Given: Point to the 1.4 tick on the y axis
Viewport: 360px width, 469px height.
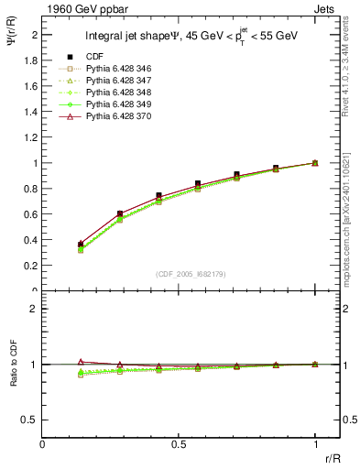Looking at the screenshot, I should pos(43,111).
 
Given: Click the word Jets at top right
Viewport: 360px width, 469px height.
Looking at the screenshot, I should pos(326,7).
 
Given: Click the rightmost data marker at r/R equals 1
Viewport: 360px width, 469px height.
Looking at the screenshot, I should pos(315,163).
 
